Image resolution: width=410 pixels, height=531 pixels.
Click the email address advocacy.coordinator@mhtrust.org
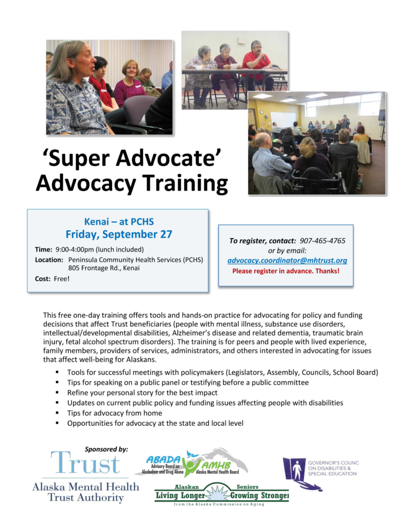coord(287,261)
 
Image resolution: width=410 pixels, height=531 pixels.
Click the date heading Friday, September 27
coord(119,234)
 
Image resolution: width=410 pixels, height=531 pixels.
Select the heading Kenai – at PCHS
coord(119,221)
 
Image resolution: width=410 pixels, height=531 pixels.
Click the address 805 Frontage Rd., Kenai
coord(104,268)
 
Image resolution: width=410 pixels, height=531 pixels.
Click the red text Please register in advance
coord(286,271)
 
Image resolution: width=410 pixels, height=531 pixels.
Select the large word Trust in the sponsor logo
coord(85,464)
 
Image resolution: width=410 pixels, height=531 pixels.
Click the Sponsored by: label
coord(106,449)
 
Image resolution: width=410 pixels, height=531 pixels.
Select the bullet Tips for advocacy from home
coord(114,413)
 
